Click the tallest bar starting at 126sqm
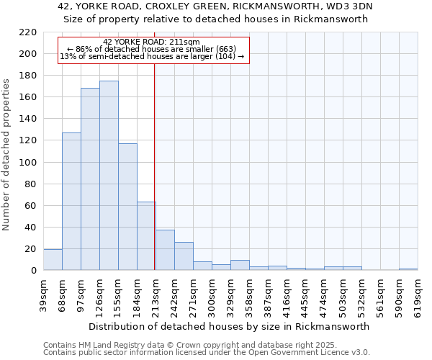(109, 176)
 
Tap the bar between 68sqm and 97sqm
(71, 202)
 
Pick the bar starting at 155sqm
(127, 207)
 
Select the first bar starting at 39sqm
(53, 260)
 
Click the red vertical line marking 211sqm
(155, 166)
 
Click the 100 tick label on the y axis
(28, 163)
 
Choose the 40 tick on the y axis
(31, 228)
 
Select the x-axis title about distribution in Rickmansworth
(230, 326)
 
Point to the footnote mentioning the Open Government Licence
(206, 353)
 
